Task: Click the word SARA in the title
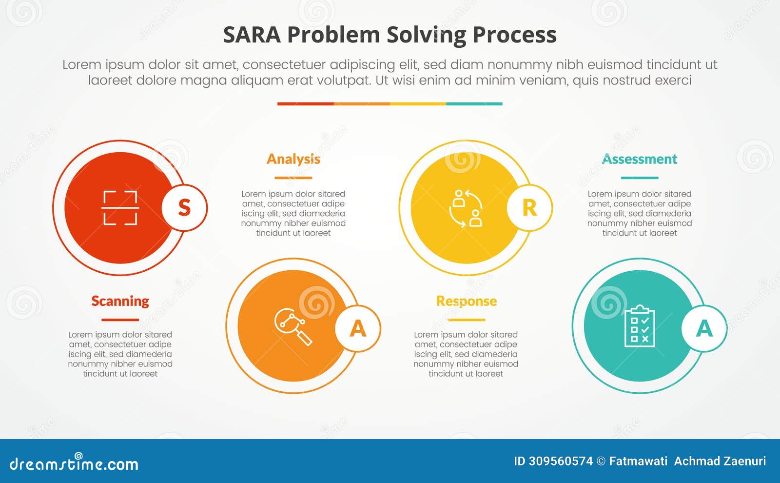pyautogui.click(x=252, y=35)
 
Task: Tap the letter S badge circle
pyautogui.click(x=184, y=208)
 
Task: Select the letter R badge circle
pyautogui.click(x=529, y=208)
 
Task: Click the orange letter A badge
pyautogui.click(x=358, y=328)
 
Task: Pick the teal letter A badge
pyautogui.click(x=704, y=328)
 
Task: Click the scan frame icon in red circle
pyautogui.click(x=120, y=208)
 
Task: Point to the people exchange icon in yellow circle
pyautogui.click(x=466, y=208)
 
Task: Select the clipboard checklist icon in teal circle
pyautogui.click(x=640, y=326)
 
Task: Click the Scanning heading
pyautogui.click(x=120, y=301)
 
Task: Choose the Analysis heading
pyautogui.click(x=293, y=159)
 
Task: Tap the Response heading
pyautogui.click(x=466, y=301)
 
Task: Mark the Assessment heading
pyautogui.click(x=640, y=159)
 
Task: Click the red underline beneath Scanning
pyautogui.click(x=120, y=320)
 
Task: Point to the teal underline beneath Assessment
pyautogui.click(x=640, y=178)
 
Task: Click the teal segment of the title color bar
pyautogui.click(x=474, y=103)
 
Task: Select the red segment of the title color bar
pyautogui.click(x=305, y=103)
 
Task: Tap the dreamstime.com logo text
pyautogui.click(x=74, y=464)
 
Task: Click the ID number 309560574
pyautogui.click(x=561, y=461)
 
